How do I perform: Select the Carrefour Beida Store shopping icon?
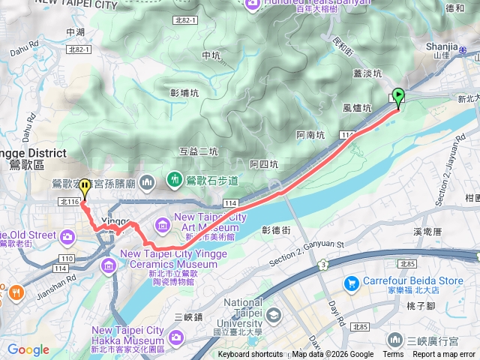click(x=350, y=283)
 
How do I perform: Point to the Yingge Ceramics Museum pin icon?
click(x=109, y=264)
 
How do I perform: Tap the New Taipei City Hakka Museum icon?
click(x=175, y=337)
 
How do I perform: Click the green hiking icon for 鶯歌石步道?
click(x=174, y=180)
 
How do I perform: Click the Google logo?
click(x=28, y=349)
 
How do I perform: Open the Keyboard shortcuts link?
click(x=250, y=355)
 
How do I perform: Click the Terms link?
click(x=393, y=355)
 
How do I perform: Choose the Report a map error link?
click(x=444, y=355)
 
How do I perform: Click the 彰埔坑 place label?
click(x=184, y=93)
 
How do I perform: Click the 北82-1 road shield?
click(x=78, y=49)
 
